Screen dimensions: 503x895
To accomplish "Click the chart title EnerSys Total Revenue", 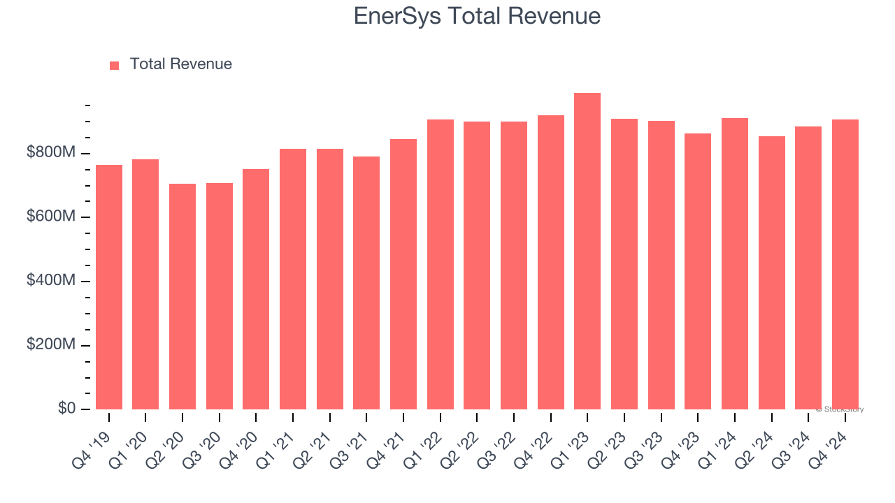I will pyautogui.click(x=477, y=16).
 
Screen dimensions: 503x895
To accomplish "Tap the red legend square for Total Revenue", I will pyautogui.click(x=115, y=65).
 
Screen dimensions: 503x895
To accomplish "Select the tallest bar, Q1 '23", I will pyautogui.click(x=587, y=251).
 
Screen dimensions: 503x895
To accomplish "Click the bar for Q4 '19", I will pyautogui.click(x=109, y=287).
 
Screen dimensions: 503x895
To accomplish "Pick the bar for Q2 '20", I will pyautogui.click(x=182, y=297).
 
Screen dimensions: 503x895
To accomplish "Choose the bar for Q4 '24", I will pyautogui.click(x=845, y=265).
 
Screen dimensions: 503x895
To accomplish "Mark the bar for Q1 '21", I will pyautogui.click(x=293, y=279).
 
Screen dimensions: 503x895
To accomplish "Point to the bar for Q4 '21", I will pyautogui.click(x=403, y=275).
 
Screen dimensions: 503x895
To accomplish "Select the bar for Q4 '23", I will pyautogui.click(x=698, y=272).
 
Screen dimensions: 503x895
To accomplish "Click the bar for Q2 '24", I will pyautogui.click(x=772, y=273).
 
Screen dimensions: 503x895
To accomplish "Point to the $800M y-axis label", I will pyautogui.click(x=50, y=153).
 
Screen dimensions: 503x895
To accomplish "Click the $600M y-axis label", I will pyautogui.click(x=50, y=217).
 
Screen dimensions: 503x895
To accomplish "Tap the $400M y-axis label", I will pyautogui.click(x=50, y=281).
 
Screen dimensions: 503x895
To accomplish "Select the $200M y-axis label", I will pyautogui.click(x=50, y=345).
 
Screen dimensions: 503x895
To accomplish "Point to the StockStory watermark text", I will pyautogui.click(x=840, y=409).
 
